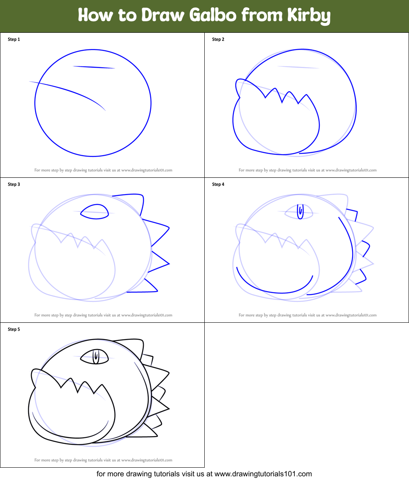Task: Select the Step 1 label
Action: click(x=14, y=39)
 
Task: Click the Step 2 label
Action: click(x=218, y=39)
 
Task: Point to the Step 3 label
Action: click(x=14, y=184)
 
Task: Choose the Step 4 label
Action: click(x=218, y=184)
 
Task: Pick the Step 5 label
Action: click(x=14, y=329)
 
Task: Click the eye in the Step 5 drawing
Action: click(x=95, y=356)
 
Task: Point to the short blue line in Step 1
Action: click(x=94, y=67)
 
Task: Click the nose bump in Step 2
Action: click(x=238, y=87)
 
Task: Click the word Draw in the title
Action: click(x=164, y=16)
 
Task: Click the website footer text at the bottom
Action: click(x=204, y=474)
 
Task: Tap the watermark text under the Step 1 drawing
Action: click(x=103, y=170)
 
